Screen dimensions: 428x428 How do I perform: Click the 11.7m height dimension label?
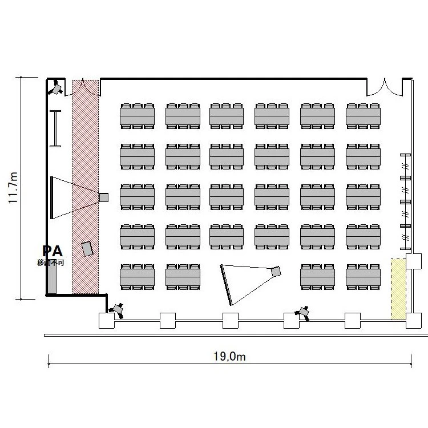[x=13, y=188]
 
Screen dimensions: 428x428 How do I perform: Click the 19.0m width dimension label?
[x=229, y=356]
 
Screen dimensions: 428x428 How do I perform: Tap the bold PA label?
[x=53, y=251]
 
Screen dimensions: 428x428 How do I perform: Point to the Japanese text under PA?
[x=51, y=263]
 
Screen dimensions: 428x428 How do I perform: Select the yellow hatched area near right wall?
[x=398, y=289]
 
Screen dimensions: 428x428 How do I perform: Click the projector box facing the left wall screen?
[x=104, y=197]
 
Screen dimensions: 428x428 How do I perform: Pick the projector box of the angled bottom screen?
[x=276, y=272]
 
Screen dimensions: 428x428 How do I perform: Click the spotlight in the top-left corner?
[x=56, y=87]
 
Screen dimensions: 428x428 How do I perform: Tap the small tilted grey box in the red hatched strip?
[x=87, y=248]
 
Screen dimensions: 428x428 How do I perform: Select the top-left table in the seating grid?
[x=138, y=116]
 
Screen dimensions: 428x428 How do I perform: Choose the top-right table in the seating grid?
[x=363, y=116]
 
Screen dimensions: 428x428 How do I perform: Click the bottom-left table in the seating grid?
[x=138, y=277]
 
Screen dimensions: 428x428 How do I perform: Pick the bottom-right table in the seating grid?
[x=363, y=277]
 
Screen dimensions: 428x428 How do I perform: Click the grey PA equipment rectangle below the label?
[x=52, y=278]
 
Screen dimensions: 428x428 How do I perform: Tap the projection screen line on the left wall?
[x=51, y=197]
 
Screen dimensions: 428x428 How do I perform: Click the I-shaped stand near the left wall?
[x=55, y=128]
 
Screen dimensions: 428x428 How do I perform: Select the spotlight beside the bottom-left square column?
[x=117, y=310]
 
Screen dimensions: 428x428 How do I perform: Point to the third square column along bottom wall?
[x=231, y=321]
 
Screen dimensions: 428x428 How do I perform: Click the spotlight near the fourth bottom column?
[x=302, y=313]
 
